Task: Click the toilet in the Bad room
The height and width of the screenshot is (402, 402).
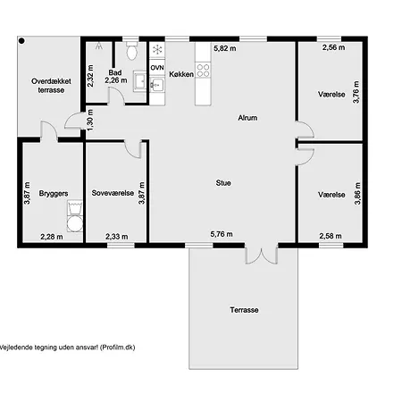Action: pos(131,51)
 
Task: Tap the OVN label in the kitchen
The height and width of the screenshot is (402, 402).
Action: pos(157,68)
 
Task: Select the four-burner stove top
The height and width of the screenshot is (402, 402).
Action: pos(203,71)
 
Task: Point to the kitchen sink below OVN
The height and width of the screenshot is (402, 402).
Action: pos(157,85)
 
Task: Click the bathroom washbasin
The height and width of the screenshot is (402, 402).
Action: pos(139,80)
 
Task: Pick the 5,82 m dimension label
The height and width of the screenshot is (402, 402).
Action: pos(225,48)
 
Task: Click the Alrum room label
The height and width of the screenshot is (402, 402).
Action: pos(247,118)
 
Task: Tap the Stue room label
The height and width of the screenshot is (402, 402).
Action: pos(223,183)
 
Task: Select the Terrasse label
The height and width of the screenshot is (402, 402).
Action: pos(244,310)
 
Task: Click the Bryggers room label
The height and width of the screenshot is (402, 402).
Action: pos(54,194)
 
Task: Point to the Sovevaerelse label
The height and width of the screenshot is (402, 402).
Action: pos(113,193)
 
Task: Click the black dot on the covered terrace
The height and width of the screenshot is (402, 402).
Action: pos(21,41)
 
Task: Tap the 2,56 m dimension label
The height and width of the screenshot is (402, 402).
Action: pos(333,47)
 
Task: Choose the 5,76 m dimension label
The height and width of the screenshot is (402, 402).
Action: pos(222,234)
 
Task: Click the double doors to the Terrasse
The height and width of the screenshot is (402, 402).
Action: pos(262,255)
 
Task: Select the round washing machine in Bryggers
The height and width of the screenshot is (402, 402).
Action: pos(74,224)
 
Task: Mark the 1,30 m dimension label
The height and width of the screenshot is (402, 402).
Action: pos(90,120)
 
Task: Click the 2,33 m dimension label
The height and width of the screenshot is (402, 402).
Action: pos(117,237)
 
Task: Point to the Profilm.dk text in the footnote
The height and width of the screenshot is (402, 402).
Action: pos(117,348)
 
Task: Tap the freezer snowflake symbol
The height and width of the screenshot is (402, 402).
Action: pos(157,49)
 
